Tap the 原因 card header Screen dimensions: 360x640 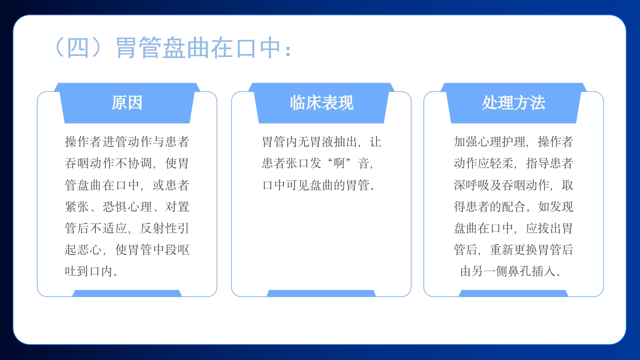click(x=127, y=103)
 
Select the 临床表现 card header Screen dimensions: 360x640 click(x=321, y=103)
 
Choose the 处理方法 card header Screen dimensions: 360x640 click(x=513, y=103)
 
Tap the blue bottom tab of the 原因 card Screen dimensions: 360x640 click(x=127, y=293)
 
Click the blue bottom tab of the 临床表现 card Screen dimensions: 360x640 click(x=321, y=293)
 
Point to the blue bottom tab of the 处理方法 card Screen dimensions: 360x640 click(x=513, y=293)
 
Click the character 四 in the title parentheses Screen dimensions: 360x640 click(x=77, y=48)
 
